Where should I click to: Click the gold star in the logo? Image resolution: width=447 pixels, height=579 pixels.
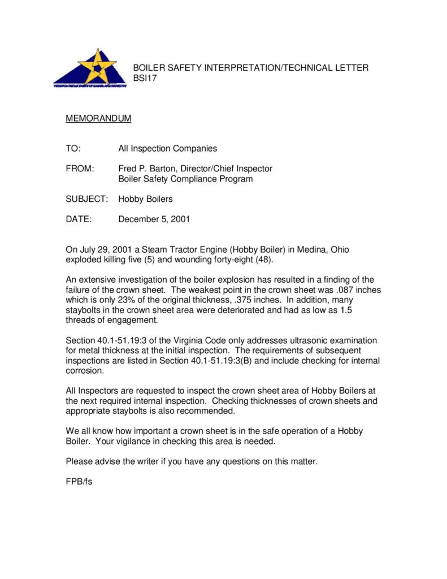tap(97, 66)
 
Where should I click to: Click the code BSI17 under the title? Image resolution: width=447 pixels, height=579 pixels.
tap(145, 79)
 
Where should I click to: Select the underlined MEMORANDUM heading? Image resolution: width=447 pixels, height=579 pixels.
tap(98, 119)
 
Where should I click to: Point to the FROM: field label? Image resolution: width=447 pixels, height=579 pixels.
tap(80, 168)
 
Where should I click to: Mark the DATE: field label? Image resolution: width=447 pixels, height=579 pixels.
tap(79, 219)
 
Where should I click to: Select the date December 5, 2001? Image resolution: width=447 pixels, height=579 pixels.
tap(154, 219)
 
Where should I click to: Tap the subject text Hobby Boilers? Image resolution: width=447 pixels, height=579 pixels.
tap(145, 199)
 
